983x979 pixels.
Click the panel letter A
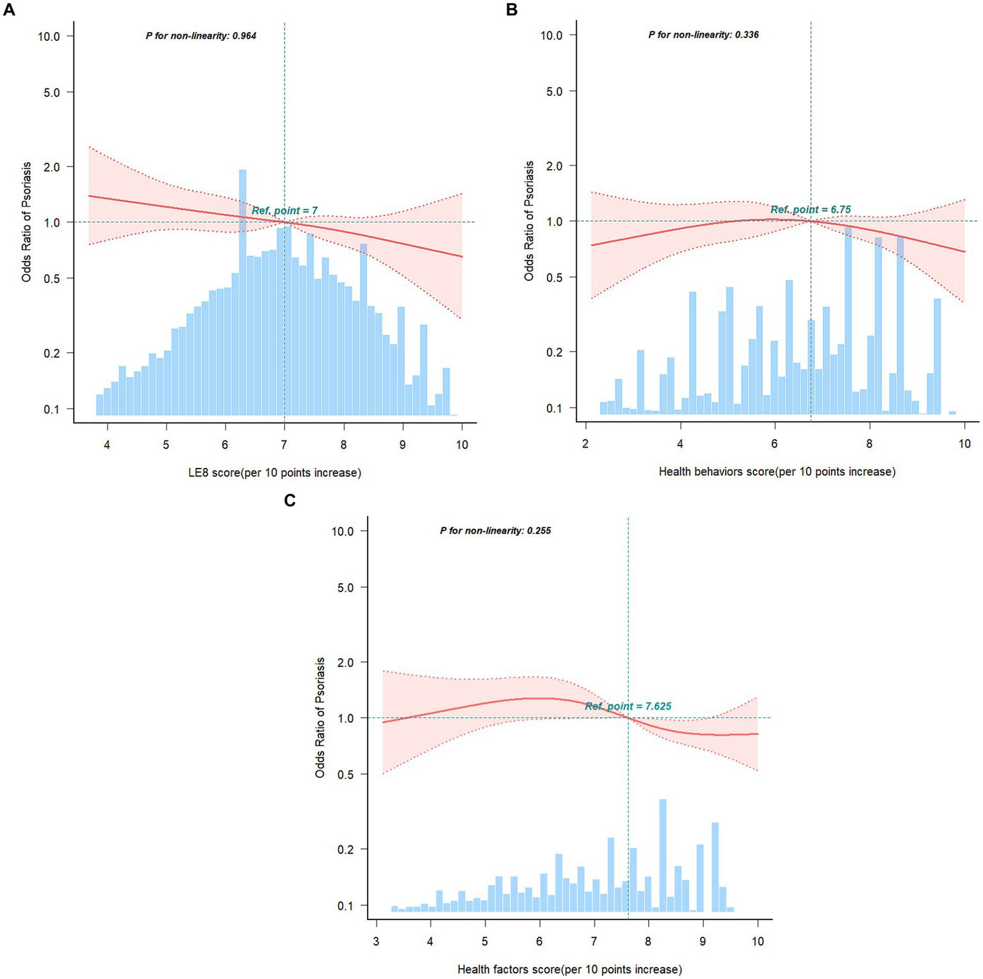click(x=8, y=10)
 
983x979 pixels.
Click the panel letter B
click(x=512, y=10)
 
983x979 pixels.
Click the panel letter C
click(x=289, y=500)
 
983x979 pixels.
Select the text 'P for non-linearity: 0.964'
click(x=200, y=36)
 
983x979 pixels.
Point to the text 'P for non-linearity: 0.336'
click(x=703, y=35)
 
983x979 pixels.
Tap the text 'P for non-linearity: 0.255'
click(x=495, y=531)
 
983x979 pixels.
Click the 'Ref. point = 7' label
click(x=284, y=211)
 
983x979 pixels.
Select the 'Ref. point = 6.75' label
click(x=810, y=209)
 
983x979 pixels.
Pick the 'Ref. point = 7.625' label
click(x=628, y=706)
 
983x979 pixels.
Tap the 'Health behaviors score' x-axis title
click(x=777, y=471)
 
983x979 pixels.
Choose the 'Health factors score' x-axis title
click(x=569, y=969)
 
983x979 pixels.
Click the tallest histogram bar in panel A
click(x=243, y=292)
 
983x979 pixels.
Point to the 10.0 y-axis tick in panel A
click(x=49, y=36)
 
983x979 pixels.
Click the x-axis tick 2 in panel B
click(x=585, y=444)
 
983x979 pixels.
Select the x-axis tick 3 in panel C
click(x=376, y=942)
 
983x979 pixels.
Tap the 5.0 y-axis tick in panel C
click(x=345, y=588)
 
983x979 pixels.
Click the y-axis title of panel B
click(x=529, y=221)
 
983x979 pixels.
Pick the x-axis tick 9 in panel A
click(x=402, y=445)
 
